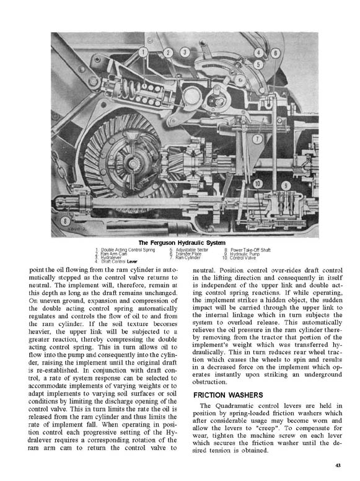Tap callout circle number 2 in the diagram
click(x=168, y=53)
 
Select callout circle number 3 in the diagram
click(x=185, y=53)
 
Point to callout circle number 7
click(x=256, y=139)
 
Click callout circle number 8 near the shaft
click(x=65, y=221)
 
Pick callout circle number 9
click(x=286, y=185)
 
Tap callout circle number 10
click(x=258, y=183)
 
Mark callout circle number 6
click(x=274, y=53)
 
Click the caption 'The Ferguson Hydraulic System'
click(x=182, y=242)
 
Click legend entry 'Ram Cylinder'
click(x=188, y=257)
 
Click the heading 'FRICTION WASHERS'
click(x=229, y=395)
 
